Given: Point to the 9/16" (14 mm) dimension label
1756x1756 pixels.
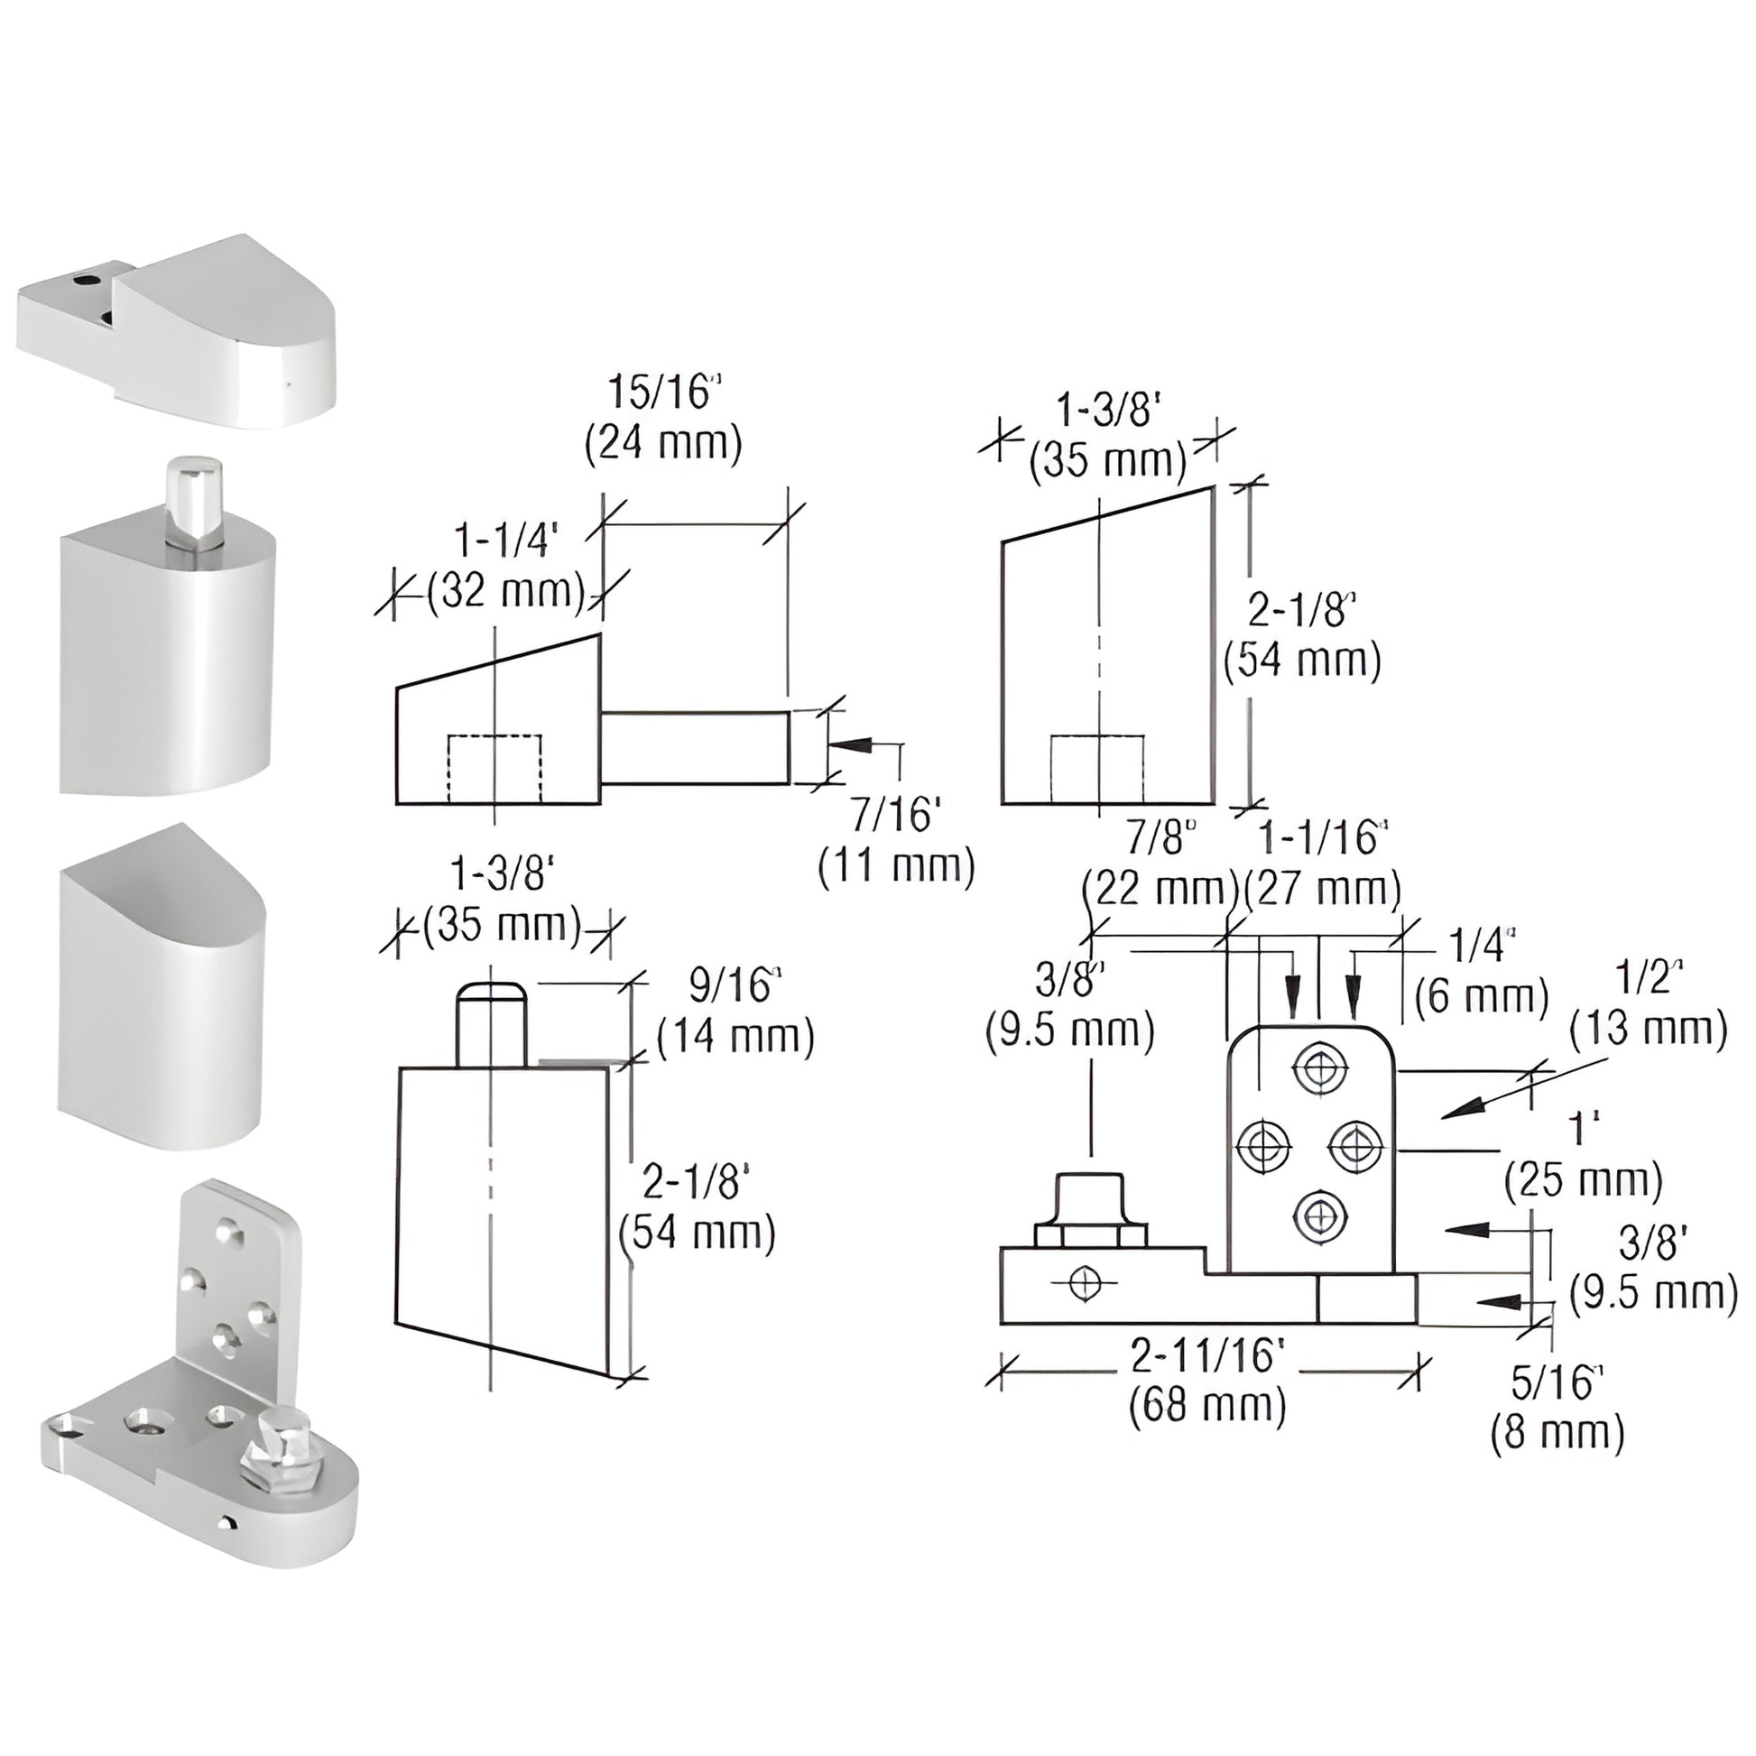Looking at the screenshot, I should click(x=735, y=1011).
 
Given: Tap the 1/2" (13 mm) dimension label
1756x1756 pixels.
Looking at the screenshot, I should click(x=1648, y=1004).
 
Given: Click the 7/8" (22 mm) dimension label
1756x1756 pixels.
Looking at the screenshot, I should click(x=1160, y=864).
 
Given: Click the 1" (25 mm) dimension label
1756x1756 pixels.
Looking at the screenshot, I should click(x=1583, y=1155).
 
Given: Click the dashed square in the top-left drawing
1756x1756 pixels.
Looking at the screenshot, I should click(x=494, y=768).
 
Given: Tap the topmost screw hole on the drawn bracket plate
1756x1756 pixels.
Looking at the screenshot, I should click(x=1318, y=1071).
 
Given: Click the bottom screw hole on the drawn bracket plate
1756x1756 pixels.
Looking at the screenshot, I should click(x=1318, y=1218).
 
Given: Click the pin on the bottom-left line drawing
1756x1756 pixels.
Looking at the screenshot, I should click(x=492, y=1024).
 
